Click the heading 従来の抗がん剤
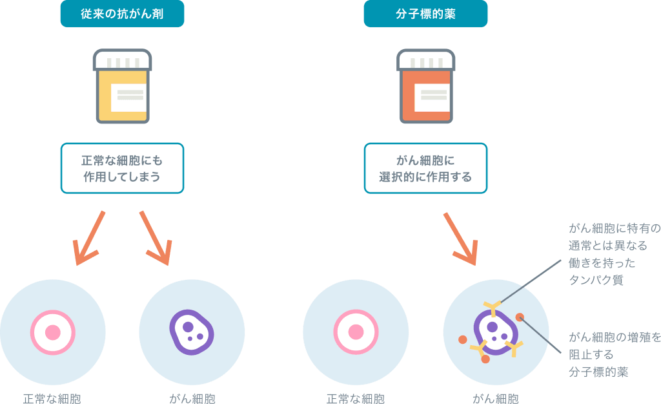click(122, 14)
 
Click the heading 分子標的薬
click(425, 14)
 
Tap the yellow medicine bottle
click(122, 87)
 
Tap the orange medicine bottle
click(425, 87)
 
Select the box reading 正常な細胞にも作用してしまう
click(122, 168)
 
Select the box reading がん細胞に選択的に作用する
click(425, 168)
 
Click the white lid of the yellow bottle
click(122, 61)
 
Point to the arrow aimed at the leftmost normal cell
click(88, 237)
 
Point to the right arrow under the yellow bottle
click(155, 237)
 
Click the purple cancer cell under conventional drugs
click(192, 332)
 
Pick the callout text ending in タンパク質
click(614, 254)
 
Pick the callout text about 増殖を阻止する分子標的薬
click(614, 354)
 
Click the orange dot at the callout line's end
click(520, 317)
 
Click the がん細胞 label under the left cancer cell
click(192, 398)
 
